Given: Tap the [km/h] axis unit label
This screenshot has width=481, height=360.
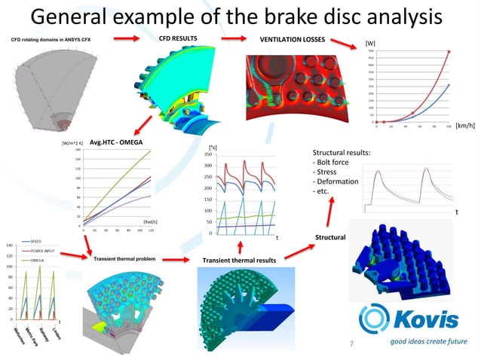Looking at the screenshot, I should pos(464,127).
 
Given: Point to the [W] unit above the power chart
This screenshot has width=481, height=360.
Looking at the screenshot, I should pos(369,44).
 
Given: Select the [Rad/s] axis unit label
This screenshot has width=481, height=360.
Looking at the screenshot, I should pos(149,221).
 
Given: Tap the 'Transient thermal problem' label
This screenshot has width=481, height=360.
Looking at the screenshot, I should pos(124,259).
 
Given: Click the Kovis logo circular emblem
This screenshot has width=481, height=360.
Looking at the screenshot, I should pos(375,319).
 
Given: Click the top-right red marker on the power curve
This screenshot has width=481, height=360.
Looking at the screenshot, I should pos(449,53).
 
